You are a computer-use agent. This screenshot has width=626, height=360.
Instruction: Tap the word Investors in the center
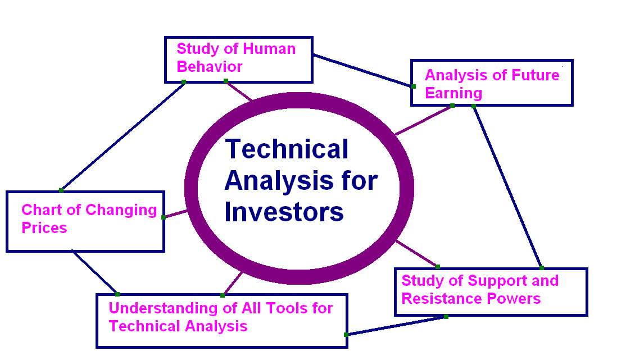[284, 213]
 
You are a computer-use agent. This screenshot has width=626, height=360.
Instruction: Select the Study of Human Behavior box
[238, 59]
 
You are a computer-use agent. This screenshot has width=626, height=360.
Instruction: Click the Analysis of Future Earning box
[492, 83]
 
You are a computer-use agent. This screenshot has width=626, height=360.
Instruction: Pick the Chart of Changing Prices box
[85, 221]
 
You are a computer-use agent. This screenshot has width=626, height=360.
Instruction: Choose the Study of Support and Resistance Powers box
[491, 291]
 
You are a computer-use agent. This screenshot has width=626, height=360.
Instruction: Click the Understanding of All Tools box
[221, 320]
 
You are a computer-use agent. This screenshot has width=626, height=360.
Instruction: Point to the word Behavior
[210, 67]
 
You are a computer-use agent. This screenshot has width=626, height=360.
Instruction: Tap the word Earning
[453, 93]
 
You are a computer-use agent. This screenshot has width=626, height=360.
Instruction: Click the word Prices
[44, 228]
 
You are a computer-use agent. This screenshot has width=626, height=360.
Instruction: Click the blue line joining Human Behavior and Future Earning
[362, 70]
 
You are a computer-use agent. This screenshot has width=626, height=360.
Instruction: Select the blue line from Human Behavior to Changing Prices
[123, 136]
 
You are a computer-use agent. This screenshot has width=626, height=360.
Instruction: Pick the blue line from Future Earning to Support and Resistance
[507, 186]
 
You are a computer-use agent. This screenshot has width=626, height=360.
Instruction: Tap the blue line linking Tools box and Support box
[396, 326]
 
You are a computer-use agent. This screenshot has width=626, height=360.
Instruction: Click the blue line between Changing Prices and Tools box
[94, 272]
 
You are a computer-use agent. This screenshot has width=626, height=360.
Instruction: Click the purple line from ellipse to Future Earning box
[424, 120]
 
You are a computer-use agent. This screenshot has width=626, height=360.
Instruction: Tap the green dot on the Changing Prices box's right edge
[164, 217]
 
